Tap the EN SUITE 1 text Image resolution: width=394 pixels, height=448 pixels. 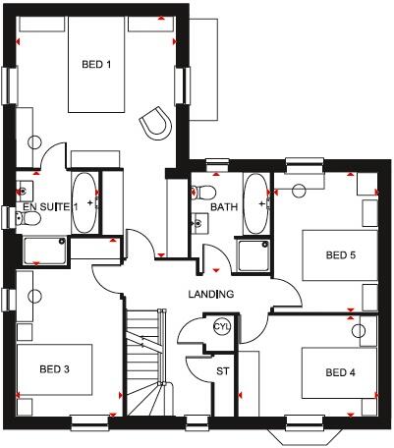coord(50,208)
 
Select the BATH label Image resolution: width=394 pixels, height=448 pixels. coord(224,207)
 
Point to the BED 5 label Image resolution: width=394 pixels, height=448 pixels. coord(340,255)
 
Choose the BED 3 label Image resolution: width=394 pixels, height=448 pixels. coord(54,369)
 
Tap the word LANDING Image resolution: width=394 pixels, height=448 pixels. coord(211,295)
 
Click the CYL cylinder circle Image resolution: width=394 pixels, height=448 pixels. coord(221,326)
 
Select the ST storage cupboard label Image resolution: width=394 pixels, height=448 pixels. coord(222,371)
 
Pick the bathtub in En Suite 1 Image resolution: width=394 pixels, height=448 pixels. coord(84,203)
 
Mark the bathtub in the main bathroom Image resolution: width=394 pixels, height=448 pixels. coord(255,202)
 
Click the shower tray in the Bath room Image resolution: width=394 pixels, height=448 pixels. coord(254,255)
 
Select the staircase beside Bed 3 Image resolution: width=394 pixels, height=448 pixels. coord(144,368)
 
